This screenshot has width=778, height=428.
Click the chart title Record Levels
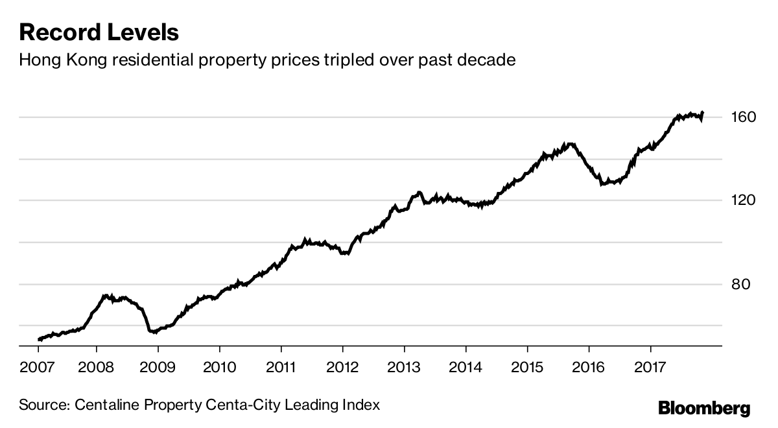point(99,32)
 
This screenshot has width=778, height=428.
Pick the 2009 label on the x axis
point(158,368)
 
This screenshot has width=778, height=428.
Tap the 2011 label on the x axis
point(281,368)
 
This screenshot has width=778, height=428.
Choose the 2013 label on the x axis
point(404,368)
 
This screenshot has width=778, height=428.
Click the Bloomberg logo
point(704,409)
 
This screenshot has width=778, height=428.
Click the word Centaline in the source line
point(104,405)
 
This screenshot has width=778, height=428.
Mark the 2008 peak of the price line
point(107,296)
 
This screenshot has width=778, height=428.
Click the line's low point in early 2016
point(602,184)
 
